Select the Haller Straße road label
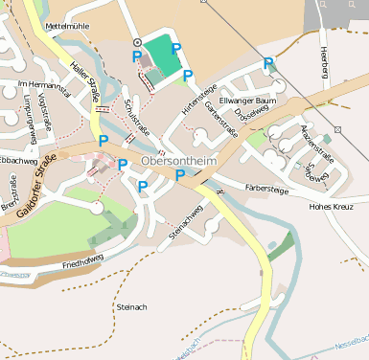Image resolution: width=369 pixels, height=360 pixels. point(86,82)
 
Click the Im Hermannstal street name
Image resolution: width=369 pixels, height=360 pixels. point(45,86)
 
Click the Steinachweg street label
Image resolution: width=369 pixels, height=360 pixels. point(185,222)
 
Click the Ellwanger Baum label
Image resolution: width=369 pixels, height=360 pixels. point(247,101)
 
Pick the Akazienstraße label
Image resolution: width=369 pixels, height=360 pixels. point(316,142)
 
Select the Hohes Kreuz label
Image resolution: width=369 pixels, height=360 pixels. point(333,206)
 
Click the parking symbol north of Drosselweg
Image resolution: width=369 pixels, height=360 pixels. point(268,63)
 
